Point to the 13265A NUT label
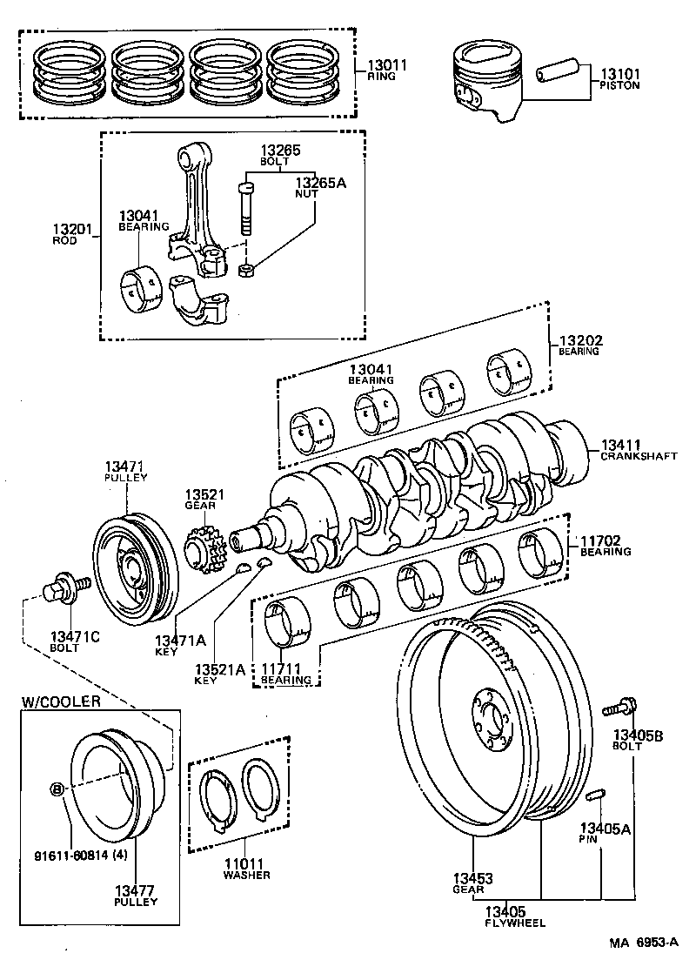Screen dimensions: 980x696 (319, 188)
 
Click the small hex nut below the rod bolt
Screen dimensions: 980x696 (245, 272)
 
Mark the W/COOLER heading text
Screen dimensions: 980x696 (61, 701)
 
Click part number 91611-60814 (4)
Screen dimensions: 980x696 (70, 854)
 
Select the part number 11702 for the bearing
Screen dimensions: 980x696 (600, 546)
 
